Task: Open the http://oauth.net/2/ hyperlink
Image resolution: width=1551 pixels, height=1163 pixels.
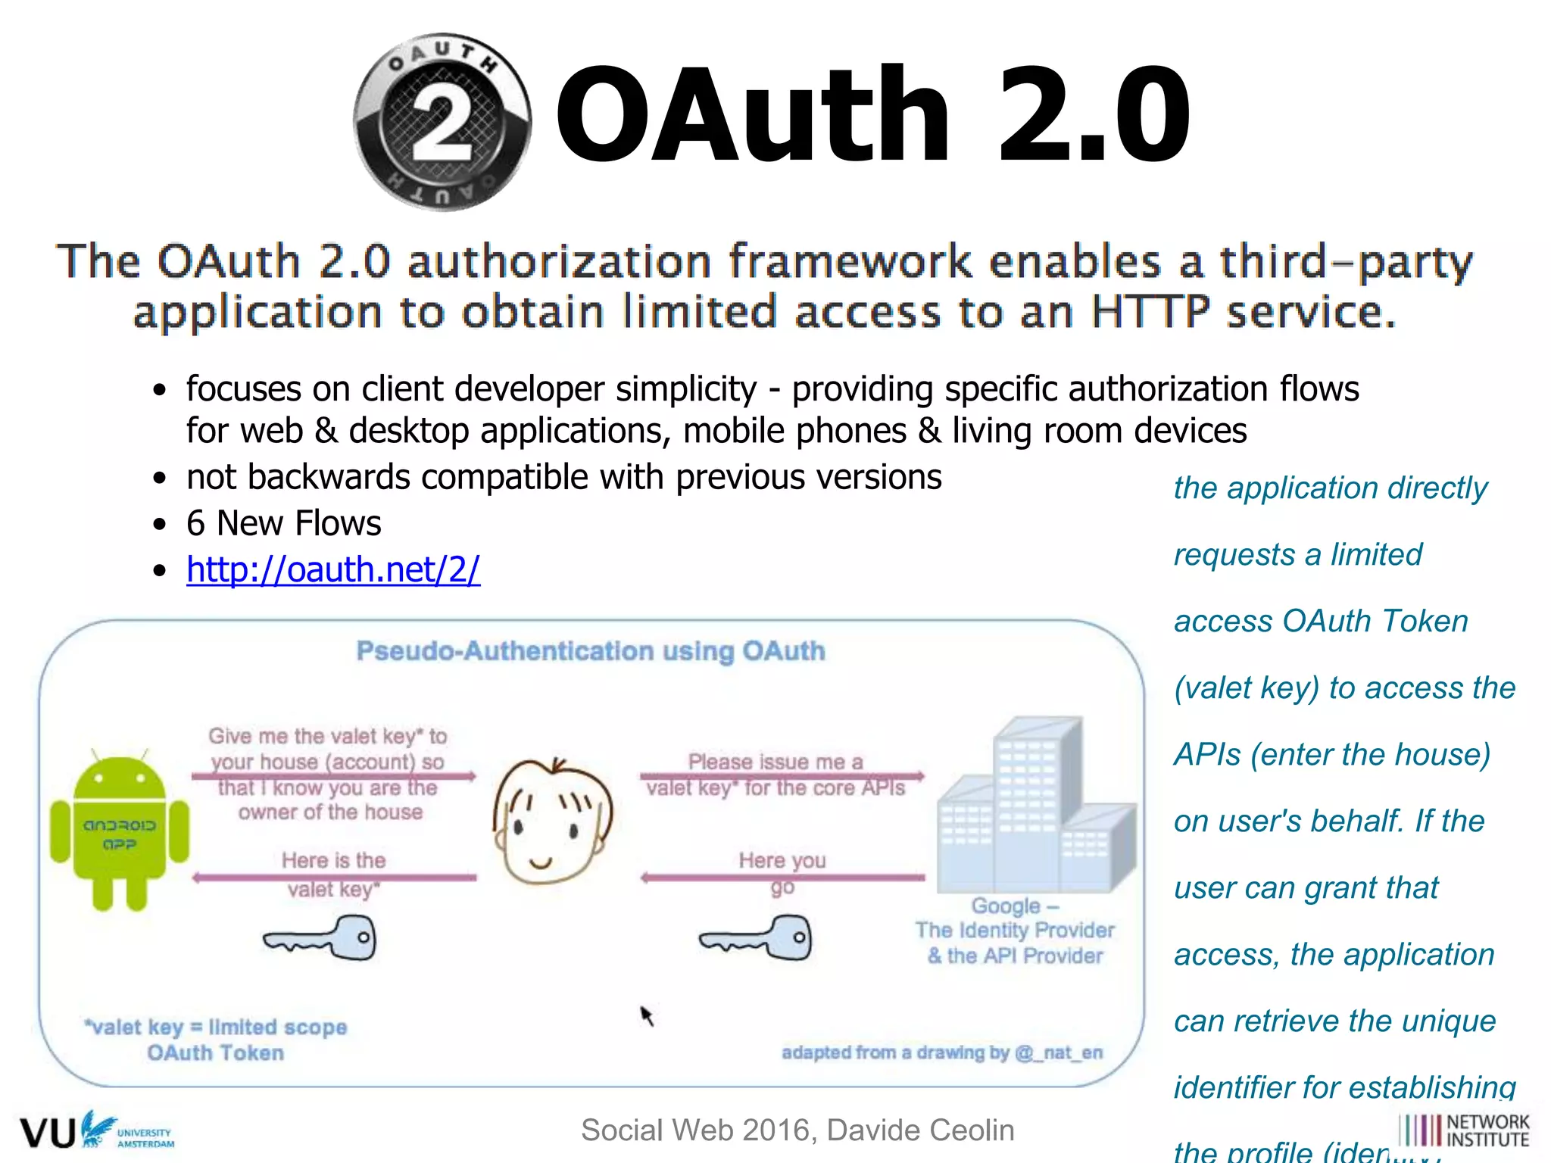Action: click(x=333, y=569)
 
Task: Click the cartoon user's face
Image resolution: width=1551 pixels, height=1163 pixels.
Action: click(x=552, y=822)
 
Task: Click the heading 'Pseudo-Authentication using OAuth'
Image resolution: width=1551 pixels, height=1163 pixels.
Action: click(x=591, y=651)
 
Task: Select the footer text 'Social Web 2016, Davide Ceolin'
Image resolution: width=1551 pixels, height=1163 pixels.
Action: click(x=797, y=1130)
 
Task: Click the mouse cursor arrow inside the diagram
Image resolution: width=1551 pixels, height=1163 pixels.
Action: click(x=646, y=1015)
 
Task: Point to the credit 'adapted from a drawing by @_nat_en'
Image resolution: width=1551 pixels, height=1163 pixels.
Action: click(x=942, y=1052)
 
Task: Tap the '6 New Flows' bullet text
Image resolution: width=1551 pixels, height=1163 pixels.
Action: click(x=284, y=523)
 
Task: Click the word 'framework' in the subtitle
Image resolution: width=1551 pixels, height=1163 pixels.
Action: click(x=849, y=261)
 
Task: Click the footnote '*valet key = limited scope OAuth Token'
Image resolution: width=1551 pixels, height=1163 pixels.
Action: click(x=216, y=1040)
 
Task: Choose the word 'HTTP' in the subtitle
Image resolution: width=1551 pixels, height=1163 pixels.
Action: click(x=1150, y=312)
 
